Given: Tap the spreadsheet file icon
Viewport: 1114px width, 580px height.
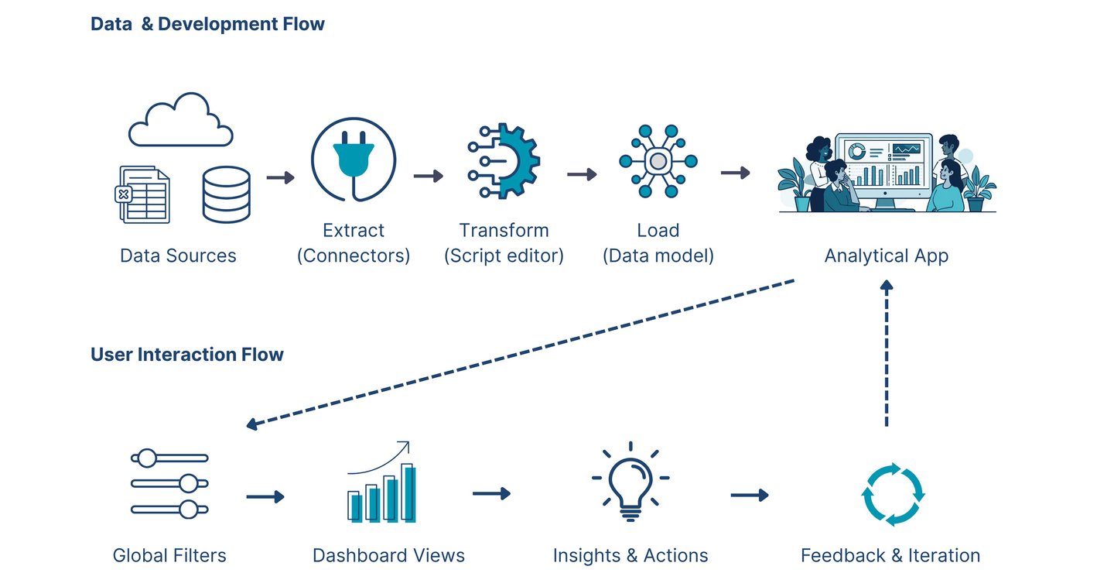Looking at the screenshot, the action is coord(142,194).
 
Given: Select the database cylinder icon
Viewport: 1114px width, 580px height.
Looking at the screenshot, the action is coord(226,194).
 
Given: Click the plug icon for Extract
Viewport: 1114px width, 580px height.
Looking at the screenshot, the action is coord(354,160).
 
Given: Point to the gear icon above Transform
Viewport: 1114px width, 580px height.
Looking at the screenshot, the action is coord(504,161).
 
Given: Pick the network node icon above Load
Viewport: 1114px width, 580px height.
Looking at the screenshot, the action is coord(658,161).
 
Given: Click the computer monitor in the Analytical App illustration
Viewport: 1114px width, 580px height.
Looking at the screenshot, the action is coord(884,170).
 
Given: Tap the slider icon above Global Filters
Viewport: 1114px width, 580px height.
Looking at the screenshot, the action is coord(169,484).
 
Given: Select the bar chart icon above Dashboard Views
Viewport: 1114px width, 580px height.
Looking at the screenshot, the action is coord(381,482).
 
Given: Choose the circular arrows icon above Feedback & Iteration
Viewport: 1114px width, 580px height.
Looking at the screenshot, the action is coord(893,494).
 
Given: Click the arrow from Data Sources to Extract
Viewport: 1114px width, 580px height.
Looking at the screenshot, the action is coord(281,177).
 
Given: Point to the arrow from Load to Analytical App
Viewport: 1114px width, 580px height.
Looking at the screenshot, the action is coord(736,173).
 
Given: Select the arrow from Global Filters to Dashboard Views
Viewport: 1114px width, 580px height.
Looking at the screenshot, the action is coord(265,496).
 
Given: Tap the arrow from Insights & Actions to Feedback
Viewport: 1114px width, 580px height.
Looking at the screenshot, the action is coord(750,495).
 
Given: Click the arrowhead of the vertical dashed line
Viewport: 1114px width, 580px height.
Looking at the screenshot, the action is coord(887,285).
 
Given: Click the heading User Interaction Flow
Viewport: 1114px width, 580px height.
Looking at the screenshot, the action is coord(187,355).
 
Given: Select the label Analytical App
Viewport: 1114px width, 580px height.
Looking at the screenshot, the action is coord(887,256).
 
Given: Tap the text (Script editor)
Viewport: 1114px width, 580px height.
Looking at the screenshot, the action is coord(504,256).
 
